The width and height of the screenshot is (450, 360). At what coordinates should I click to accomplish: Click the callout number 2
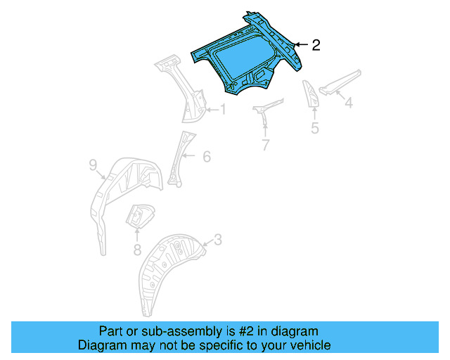pos(316,45)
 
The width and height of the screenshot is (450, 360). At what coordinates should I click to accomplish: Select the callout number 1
pos(223,109)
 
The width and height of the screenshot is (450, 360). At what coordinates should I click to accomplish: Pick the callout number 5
pos(315,127)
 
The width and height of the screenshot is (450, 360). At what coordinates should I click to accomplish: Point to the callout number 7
pos(265,146)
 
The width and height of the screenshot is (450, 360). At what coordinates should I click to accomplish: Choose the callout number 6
pos(207,157)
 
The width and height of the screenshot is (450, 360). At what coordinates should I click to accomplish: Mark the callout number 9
pos(92,166)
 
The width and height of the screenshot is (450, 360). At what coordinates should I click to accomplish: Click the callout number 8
pos(137,249)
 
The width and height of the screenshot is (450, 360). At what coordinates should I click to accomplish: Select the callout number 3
pos(218,240)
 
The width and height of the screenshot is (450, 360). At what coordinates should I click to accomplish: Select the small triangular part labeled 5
pos(311,94)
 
